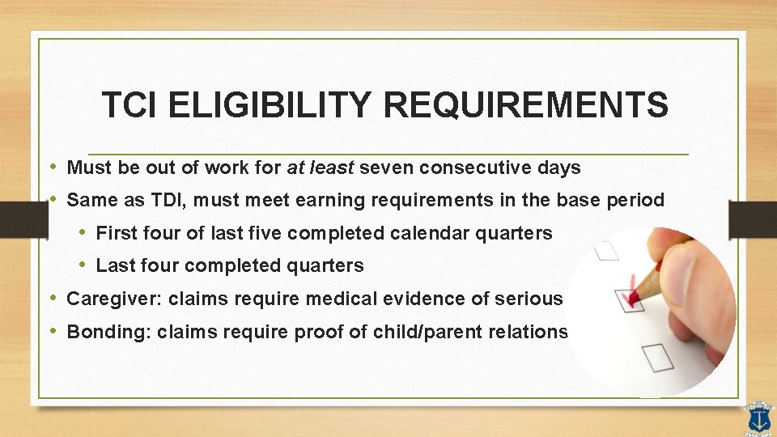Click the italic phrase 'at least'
[321, 168]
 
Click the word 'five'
[257, 233]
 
